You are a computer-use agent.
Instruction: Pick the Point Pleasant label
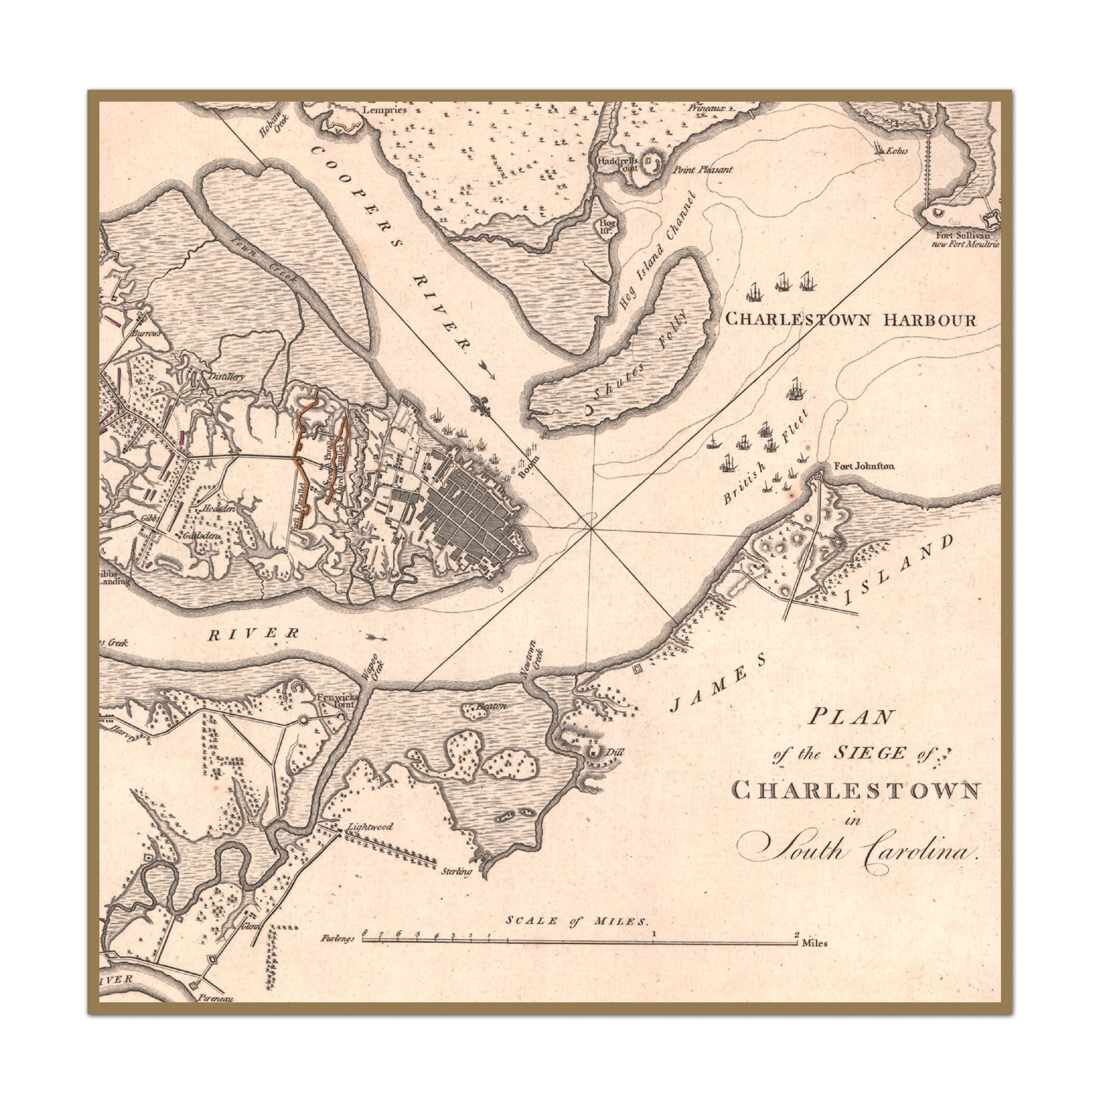pyautogui.click(x=702, y=170)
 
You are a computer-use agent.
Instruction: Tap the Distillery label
pyautogui.click(x=227, y=377)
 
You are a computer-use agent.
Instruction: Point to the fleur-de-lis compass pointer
pyautogui.click(x=483, y=405)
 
